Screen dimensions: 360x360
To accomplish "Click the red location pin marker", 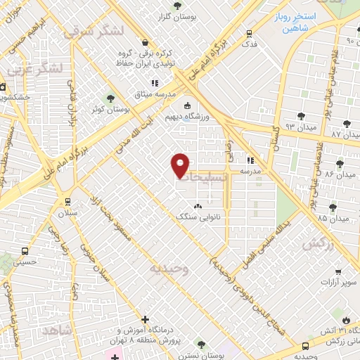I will click(181, 165).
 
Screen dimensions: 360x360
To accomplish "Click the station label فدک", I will click(248, 44).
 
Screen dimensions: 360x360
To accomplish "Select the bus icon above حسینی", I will click(25, 250).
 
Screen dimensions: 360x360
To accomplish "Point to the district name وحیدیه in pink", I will click(169, 269).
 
